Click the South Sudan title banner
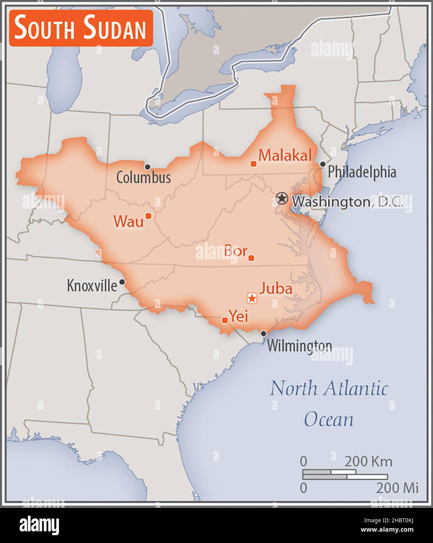pos(81,28)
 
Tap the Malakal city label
pos(285,156)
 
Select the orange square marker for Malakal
pos(253,164)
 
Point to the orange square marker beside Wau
pos(148,215)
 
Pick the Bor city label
pos(235,251)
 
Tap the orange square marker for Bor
pos(251,258)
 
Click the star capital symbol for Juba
pos(252,298)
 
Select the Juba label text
pos(276,289)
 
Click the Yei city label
pos(238,316)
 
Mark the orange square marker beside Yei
pos(225,320)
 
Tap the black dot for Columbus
pos(148,167)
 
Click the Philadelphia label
pos(362,172)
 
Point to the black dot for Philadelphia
pos(323,164)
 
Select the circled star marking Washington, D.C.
pos(281,198)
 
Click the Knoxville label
pos(92,285)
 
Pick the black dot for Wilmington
pos(264,333)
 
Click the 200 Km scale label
pos(368,461)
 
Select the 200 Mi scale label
pos(397,488)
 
